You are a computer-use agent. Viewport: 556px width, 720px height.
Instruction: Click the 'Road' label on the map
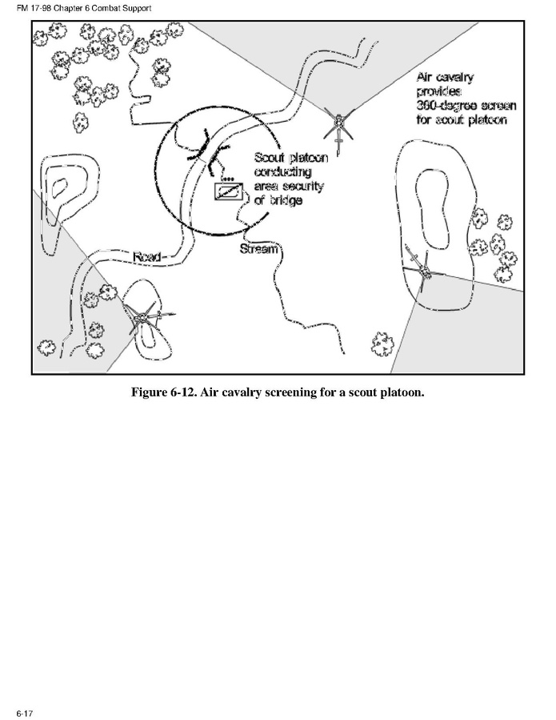146,256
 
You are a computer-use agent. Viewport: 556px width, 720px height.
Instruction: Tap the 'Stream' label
258,248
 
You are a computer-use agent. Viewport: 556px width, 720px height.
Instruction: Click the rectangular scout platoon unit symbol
229,191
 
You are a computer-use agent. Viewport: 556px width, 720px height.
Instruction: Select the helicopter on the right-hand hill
423,270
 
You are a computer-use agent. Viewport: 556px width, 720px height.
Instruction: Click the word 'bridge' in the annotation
285,200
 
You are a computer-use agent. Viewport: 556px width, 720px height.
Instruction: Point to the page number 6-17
25,713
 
